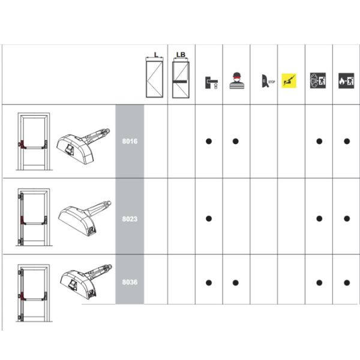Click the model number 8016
click(130, 141)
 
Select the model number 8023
click(130, 219)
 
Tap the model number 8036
click(130, 282)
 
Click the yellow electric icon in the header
click(289, 81)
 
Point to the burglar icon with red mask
click(237, 80)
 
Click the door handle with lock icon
click(211, 83)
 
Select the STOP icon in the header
click(268, 81)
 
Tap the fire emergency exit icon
click(346, 81)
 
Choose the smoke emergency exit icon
click(318, 80)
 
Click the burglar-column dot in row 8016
click(236, 141)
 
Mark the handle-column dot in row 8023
click(209, 218)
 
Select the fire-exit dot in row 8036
click(347, 283)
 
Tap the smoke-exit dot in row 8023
click(319, 218)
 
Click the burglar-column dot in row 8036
click(236, 283)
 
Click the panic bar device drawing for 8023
click(85, 218)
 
